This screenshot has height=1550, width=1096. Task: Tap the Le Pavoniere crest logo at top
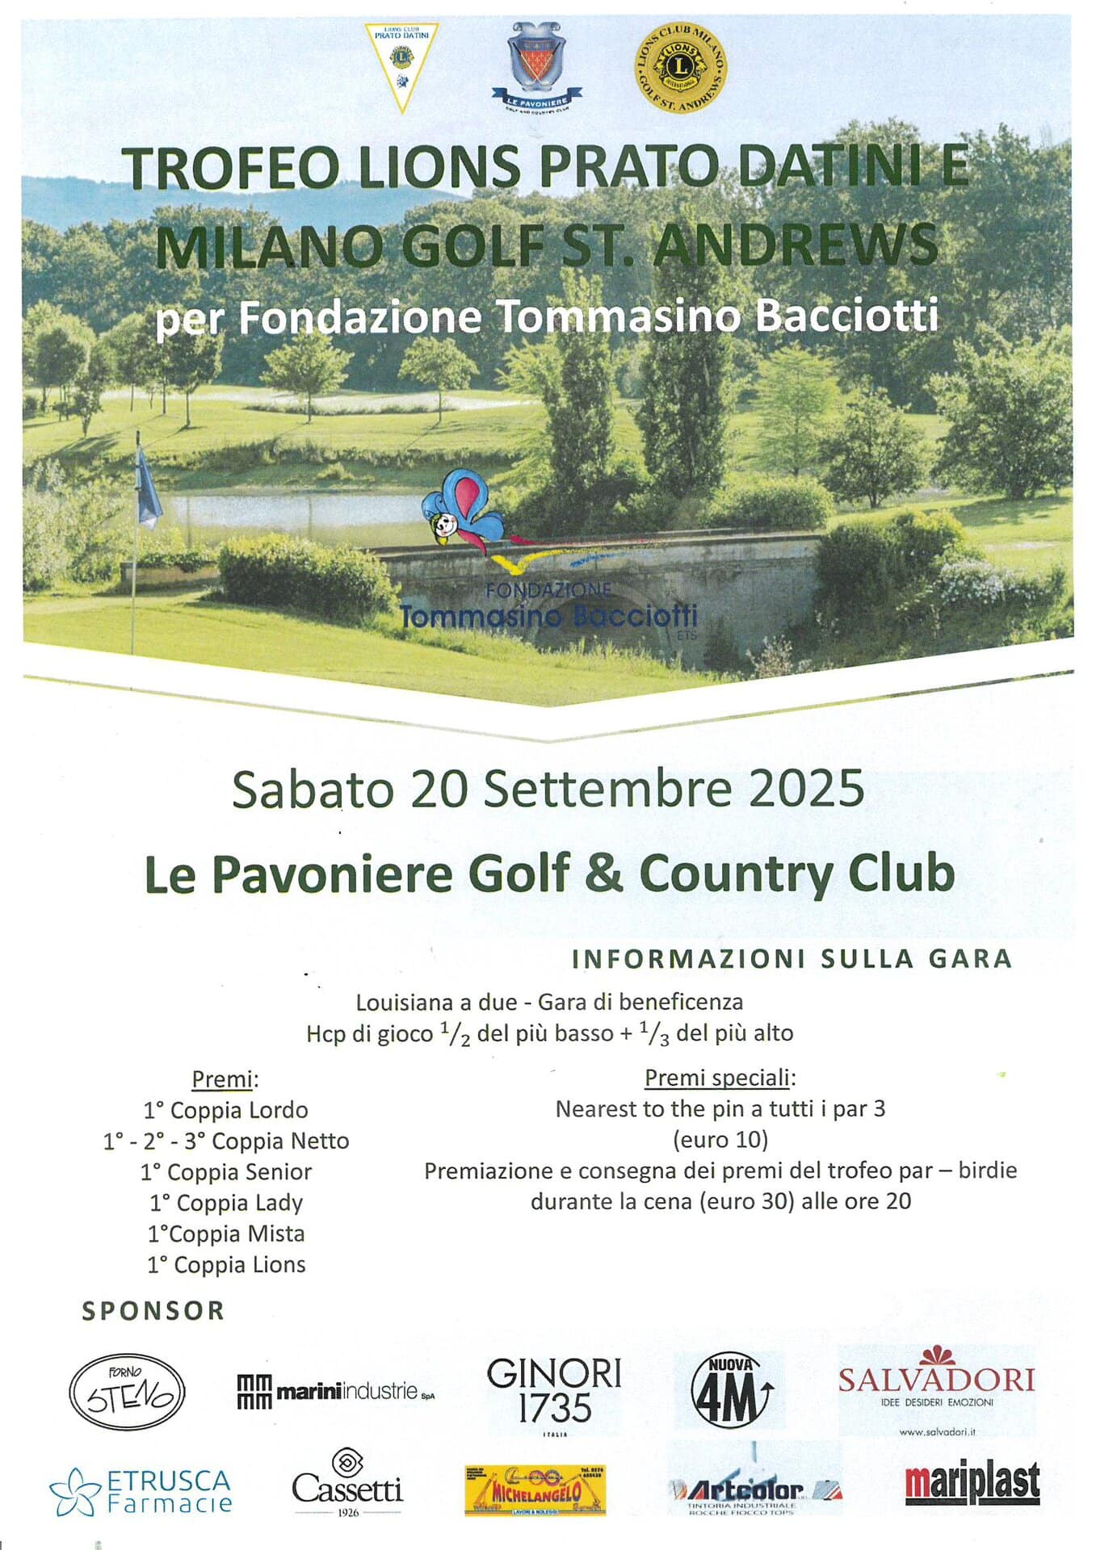(x=537, y=66)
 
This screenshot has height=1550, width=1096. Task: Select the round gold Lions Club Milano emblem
(x=681, y=68)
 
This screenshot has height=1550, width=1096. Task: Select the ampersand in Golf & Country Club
(x=605, y=874)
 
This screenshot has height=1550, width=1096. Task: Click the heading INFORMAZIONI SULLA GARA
(x=792, y=959)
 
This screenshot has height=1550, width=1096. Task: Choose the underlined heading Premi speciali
(x=720, y=1078)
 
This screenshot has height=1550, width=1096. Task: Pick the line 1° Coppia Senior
(x=226, y=1172)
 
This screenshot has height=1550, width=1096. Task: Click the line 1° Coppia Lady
(x=226, y=1203)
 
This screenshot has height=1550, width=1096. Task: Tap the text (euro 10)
(x=720, y=1140)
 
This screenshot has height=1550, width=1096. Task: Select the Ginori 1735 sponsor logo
(x=554, y=1393)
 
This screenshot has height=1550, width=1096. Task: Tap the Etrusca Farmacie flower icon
(x=74, y=1493)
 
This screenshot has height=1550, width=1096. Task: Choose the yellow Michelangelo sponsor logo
(x=535, y=1490)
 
